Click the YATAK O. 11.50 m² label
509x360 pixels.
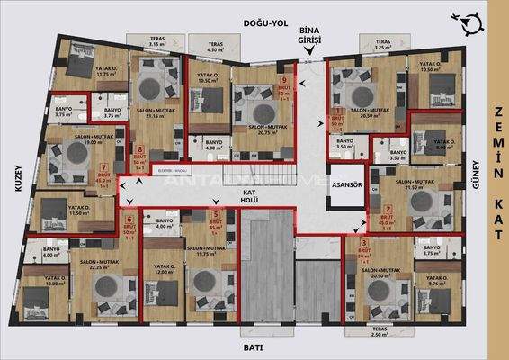(80, 211)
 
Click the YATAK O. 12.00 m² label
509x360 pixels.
(164, 271)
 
